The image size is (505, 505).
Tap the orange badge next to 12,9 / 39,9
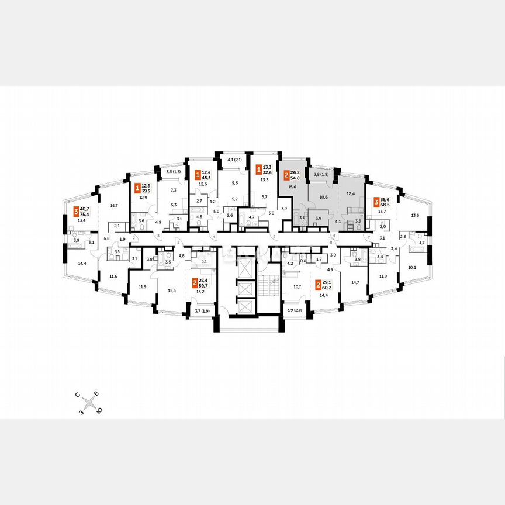pyautogui.click(x=137, y=188)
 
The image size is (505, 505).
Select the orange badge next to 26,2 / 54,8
pyautogui.click(x=286, y=175)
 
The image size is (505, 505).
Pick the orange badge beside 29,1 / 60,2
pyautogui.click(x=319, y=285)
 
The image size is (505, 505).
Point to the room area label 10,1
pyautogui.click(x=411, y=268)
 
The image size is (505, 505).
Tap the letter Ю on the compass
pyautogui.click(x=99, y=410)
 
